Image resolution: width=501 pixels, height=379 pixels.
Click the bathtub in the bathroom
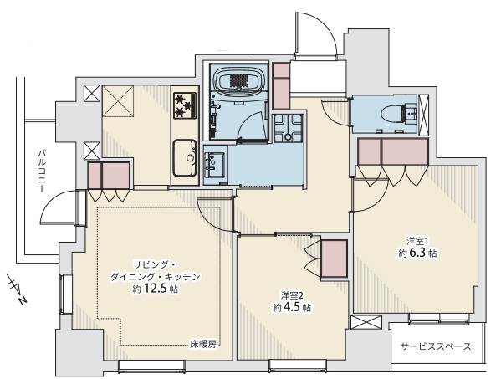pos(238,79)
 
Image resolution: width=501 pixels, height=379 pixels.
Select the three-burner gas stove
pos(185,105)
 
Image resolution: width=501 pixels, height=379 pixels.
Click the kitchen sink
pos(185,158)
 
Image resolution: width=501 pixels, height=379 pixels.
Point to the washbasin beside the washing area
pos(215,164)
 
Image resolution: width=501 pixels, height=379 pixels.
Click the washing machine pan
pos(288,128)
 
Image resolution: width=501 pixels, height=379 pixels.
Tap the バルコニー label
pos(41,171)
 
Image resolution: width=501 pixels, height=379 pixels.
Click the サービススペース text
pos(436,346)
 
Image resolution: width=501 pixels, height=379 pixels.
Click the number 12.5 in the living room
pos(155,289)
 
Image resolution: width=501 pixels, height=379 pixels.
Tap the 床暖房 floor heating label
pos(203,345)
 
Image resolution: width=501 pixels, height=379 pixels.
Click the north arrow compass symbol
pos(17,289)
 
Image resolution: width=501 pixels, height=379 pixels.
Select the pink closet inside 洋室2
pos(334,259)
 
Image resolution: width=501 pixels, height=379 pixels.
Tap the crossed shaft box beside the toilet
pos(424,115)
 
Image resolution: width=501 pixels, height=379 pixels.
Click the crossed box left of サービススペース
pos(366,322)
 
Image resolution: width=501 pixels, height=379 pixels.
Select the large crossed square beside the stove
pos(118,101)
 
